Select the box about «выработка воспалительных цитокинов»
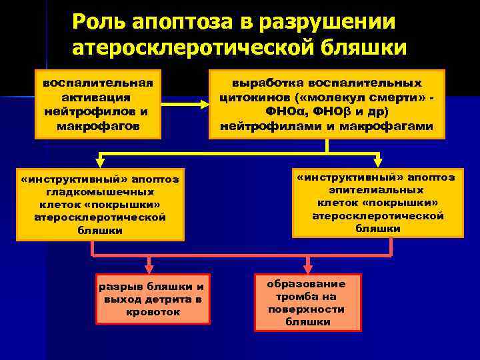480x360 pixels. click(327, 105)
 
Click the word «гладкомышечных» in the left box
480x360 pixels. click(100, 191)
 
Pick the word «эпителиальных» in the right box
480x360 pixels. click(378, 190)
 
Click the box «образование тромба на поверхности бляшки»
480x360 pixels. click(307, 303)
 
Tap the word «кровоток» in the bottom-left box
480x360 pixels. click(153, 312)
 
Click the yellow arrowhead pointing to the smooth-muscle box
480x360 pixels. click(99, 160)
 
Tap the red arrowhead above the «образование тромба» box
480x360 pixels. click(307, 265)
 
